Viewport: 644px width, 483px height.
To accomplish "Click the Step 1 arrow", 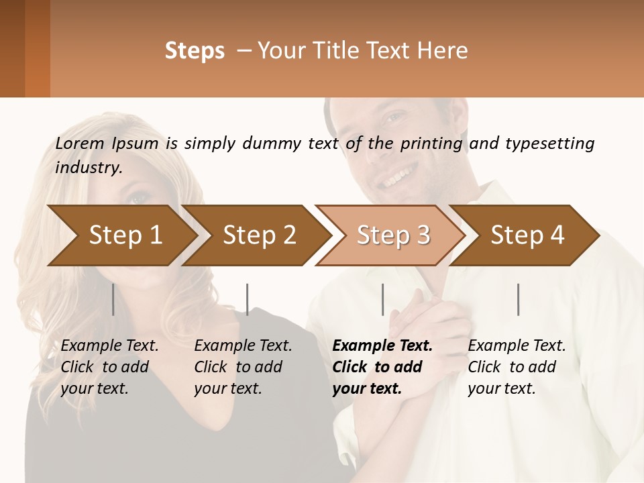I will coord(125,235).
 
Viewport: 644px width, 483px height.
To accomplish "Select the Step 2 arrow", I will coord(260,235).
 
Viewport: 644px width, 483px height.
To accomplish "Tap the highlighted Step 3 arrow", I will coord(393,235).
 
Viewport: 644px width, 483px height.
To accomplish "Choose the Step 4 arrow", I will coord(527,235).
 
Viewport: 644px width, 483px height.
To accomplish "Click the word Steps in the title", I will coord(195,51).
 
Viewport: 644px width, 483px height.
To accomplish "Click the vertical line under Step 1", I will coord(113,299).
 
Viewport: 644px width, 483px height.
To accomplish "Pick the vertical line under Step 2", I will coord(248,299).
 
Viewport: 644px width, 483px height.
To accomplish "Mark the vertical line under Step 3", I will coord(382,299).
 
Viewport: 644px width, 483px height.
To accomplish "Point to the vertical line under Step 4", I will coord(518,299).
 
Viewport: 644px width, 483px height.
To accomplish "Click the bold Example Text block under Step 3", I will coord(382,367).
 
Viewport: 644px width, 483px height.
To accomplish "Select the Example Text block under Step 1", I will coord(109,367).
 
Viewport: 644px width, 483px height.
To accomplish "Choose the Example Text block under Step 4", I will coord(517,367).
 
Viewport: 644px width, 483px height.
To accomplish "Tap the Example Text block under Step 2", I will coord(243,367).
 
